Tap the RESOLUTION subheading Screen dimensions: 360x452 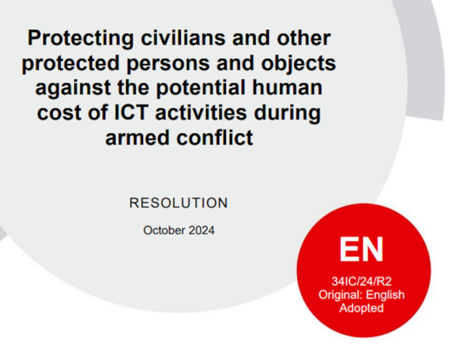179,203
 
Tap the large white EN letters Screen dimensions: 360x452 361,249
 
